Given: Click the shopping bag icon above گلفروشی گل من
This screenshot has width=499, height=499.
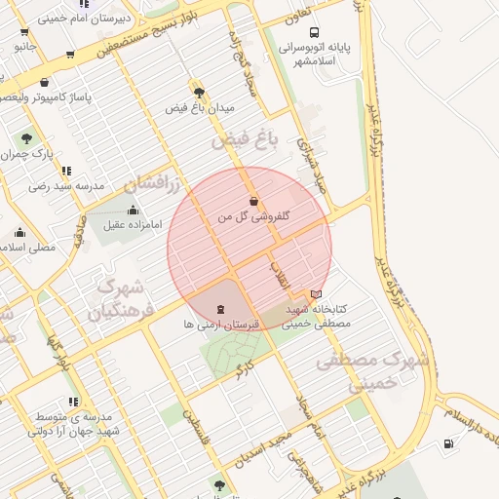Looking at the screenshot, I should coord(253,202).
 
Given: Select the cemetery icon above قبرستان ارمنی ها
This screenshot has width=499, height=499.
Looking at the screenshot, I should coord(219,309).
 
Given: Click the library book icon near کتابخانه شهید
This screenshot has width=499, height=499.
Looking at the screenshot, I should coord(314,292).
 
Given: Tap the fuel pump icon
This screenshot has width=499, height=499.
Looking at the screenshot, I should coord(447,443).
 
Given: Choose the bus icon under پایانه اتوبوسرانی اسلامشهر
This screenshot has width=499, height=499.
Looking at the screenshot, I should coord(307,60).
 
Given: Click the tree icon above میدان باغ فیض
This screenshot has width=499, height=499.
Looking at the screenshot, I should coord(199,90).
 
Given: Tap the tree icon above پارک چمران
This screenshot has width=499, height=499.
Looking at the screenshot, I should coord(26,137).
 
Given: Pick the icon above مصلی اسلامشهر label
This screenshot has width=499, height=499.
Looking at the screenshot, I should coord(19,232).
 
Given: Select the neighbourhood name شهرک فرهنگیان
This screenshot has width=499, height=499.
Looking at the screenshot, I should coord(120,300).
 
